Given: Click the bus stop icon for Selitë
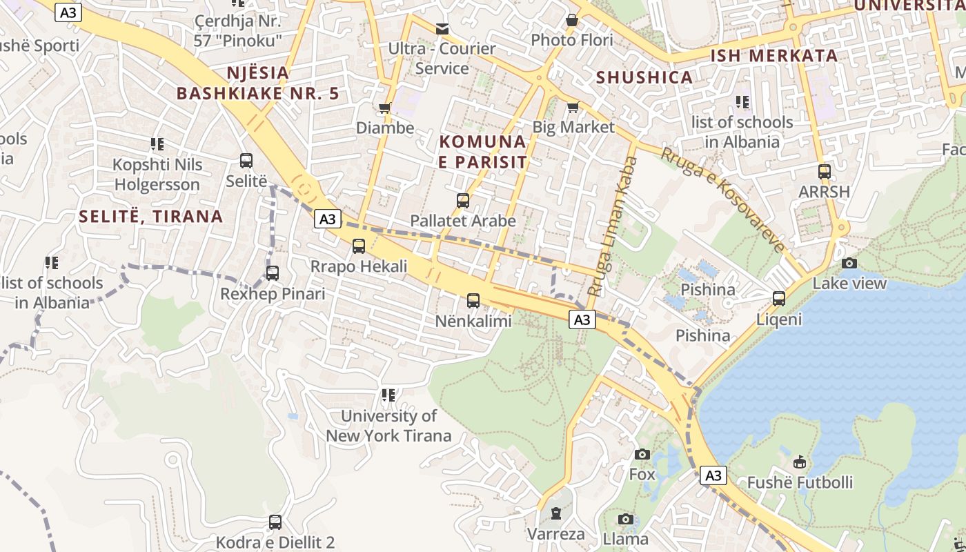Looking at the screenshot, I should [246, 161].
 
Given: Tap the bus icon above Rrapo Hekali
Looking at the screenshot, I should [359, 246].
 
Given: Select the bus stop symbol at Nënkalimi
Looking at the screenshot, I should [473, 301].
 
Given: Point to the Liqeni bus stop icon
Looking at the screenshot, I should [779, 299].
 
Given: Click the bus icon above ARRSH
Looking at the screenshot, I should [824, 172].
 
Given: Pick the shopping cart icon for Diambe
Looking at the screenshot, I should [385, 108].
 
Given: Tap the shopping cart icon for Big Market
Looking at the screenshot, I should [573, 107].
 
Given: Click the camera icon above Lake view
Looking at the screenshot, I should [849, 263].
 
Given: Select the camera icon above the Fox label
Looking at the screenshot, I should [642, 454].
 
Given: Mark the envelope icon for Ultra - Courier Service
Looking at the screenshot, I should [442, 29].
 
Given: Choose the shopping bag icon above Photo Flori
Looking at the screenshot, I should [572, 21].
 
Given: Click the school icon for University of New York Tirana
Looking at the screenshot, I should [388, 395].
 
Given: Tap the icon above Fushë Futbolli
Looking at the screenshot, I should [800, 462].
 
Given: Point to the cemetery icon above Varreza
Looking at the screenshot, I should [556, 513].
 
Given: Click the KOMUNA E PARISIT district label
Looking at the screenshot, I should [483, 152].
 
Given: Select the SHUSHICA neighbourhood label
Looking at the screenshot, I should [644, 77].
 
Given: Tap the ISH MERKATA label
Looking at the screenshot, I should [774, 55].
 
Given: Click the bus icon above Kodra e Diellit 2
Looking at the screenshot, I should [275, 522].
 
